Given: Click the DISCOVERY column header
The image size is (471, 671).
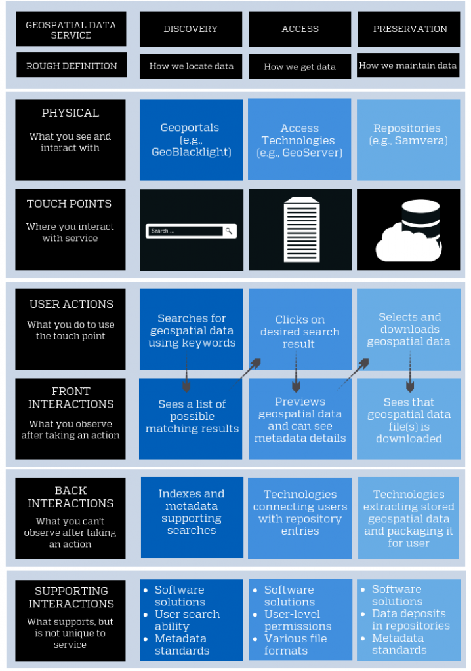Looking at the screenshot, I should [191, 29].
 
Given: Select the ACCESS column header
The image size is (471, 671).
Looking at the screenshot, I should [300, 29].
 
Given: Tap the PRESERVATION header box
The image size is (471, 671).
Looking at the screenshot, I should [409, 29].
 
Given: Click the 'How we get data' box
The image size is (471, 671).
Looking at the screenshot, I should [300, 66].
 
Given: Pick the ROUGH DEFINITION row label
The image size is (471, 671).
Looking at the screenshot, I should [72, 66].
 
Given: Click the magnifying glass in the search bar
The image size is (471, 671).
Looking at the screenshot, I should [228, 231].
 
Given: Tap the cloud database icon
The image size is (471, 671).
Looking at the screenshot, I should [409, 231].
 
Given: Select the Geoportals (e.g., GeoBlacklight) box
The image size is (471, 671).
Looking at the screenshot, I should [191, 140].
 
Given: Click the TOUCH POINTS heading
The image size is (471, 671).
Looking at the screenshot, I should [70, 204].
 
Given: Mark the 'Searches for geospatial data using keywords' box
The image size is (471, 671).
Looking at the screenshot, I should [191, 330].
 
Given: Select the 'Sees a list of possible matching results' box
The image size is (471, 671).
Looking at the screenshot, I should [191, 417].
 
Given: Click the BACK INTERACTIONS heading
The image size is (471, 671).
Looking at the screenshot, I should [70, 497].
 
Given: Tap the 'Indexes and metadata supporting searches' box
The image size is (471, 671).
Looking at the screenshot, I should [191, 512].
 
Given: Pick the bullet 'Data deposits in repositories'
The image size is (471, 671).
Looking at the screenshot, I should [410, 619].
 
